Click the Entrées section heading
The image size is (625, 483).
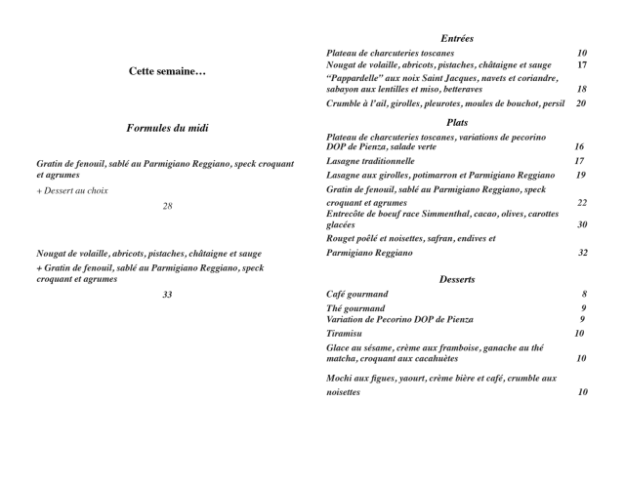click(x=456, y=38)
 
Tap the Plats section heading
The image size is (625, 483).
click(x=456, y=122)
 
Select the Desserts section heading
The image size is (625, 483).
click(x=457, y=279)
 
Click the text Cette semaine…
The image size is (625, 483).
click(x=167, y=71)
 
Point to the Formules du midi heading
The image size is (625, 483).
click(x=167, y=128)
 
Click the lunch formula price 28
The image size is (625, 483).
click(x=167, y=206)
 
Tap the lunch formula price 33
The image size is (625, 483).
click(x=167, y=294)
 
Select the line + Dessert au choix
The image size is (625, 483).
click(x=73, y=191)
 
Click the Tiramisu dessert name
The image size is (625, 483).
click(x=348, y=334)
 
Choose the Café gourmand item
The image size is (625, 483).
click(x=356, y=294)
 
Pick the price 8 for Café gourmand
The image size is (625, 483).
click(x=584, y=294)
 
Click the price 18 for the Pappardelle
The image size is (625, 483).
click(x=582, y=89)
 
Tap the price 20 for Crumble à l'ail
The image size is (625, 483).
click(x=582, y=103)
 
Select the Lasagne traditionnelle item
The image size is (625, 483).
click(x=370, y=160)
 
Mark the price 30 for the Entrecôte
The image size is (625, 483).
click(x=582, y=224)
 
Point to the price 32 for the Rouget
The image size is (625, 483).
click(x=582, y=253)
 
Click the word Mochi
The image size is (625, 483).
click(x=341, y=378)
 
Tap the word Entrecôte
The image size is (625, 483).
click(x=349, y=214)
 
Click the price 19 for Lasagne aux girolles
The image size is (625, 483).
click(x=582, y=175)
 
